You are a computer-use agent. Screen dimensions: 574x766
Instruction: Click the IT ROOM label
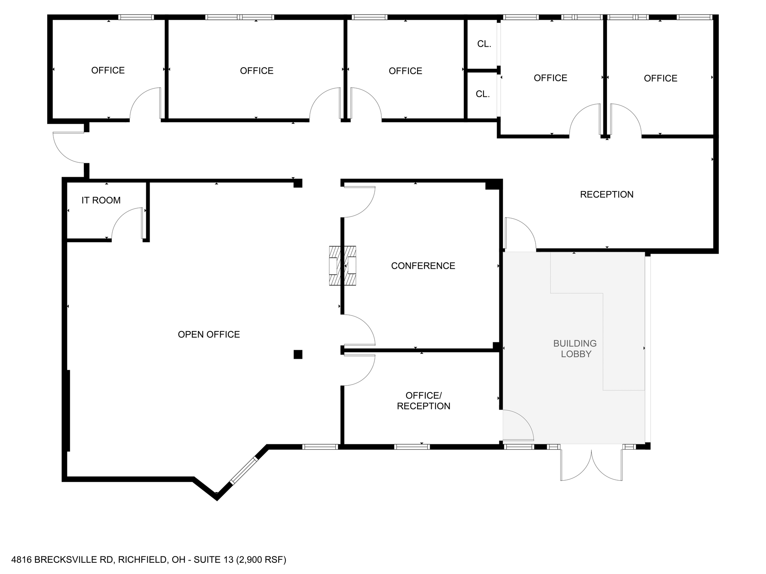(x=101, y=200)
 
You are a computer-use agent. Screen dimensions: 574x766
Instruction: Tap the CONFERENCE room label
(x=423, y=266)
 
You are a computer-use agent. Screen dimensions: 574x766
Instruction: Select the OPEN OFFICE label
(x=209, y=334)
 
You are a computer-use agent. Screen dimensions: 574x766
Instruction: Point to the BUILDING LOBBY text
(x=575, y=348)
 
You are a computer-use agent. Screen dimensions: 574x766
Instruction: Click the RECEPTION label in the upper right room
(x=606, y=194)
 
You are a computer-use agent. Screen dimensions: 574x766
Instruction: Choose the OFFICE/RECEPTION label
(x=423, y=401)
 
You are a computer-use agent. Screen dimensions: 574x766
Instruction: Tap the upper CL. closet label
(x=484, y=44)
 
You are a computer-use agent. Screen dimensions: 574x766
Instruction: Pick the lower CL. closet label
(x=482, y=94)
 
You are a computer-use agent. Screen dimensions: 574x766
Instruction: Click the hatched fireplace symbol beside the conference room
(x=342, y=266)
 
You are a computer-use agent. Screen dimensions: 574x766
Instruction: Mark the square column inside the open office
(x=298, y=354)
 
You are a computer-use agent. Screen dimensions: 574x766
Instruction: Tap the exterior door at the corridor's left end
(x=68, y=148)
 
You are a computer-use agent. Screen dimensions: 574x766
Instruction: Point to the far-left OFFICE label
(x=108, y=70)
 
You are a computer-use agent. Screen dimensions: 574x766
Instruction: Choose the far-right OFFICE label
(x=660, y=78)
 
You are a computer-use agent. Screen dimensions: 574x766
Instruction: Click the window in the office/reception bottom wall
(x=411, y=447)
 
